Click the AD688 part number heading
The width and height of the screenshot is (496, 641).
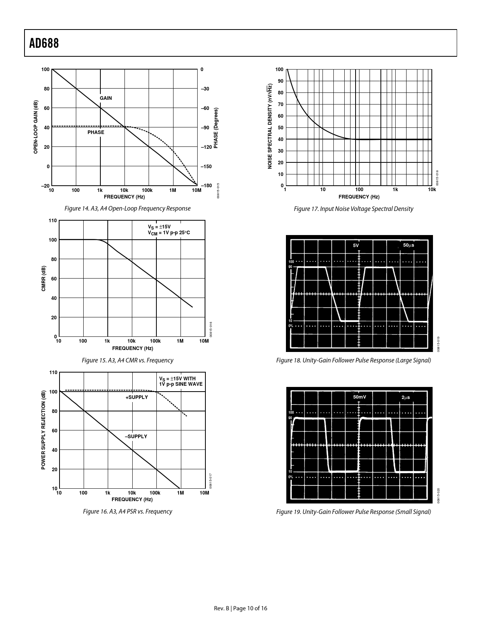[x=44, y=44]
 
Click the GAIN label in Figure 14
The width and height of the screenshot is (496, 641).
[x=106, y=98]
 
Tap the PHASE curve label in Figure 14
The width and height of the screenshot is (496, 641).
[x=96, y=132]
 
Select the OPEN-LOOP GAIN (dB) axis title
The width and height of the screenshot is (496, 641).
[x=36, y=127]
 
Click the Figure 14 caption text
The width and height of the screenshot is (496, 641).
[x=128, y=209]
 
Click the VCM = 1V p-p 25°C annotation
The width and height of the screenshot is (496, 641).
[x=168, y=233]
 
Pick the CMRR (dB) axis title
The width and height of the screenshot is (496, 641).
[x=44, y=279]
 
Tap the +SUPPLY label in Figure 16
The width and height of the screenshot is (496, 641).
[x=137, y=397]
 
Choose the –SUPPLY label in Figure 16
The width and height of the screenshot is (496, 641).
[x=136, y=437]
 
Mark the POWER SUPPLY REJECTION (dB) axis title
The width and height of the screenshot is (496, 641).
[x=44, y=430]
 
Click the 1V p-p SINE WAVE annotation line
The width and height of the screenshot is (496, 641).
[x=181, y=384]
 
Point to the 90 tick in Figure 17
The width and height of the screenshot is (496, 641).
[x=279, y=81]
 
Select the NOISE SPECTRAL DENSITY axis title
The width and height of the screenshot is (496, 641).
[x=270, y=127]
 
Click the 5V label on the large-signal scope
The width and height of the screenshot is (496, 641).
[x=356, y=246]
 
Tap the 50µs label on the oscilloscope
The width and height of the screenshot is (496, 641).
[x=408, y=246]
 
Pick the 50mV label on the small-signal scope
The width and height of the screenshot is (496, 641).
[x=359, y=397]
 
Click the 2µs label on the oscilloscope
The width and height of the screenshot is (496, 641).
[x=405, y=397]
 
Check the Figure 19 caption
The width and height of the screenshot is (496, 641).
[x=353, y=512]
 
